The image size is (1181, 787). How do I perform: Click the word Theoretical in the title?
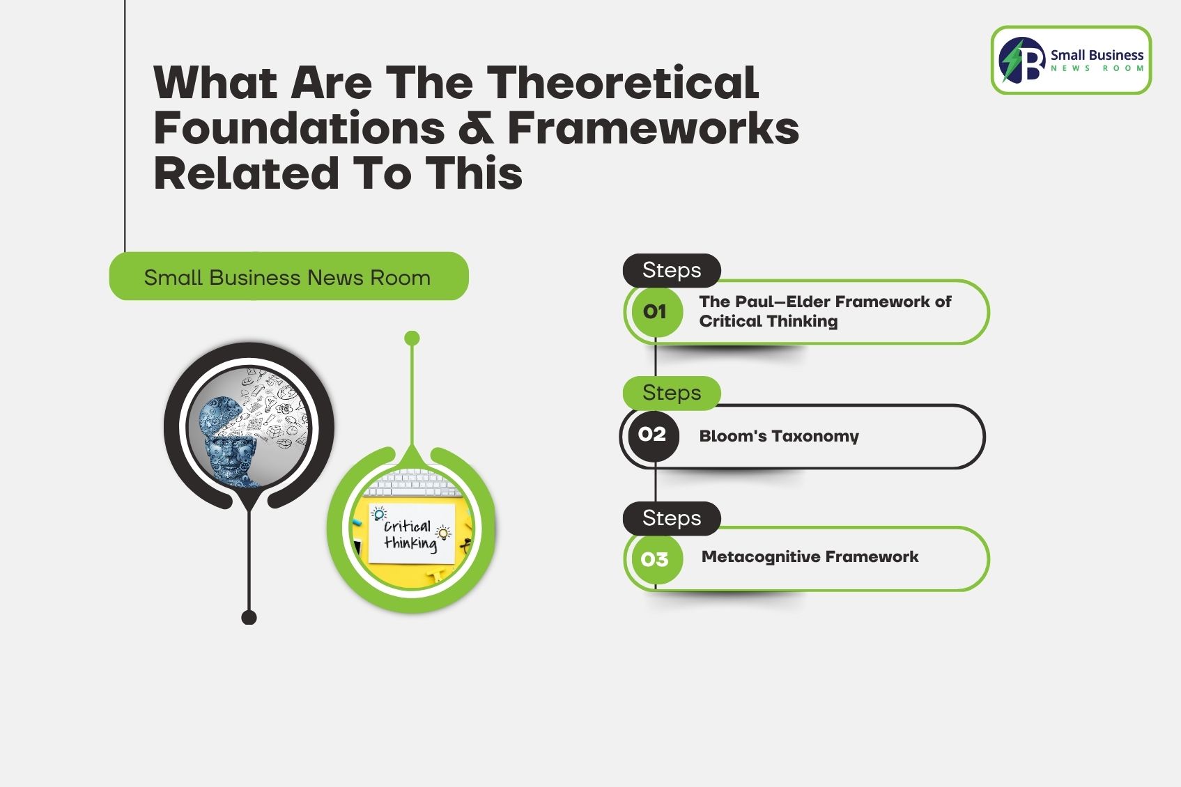click(622, 83)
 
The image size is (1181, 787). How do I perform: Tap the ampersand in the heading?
click(476, 129)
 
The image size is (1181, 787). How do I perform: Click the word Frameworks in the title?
click(653, 129)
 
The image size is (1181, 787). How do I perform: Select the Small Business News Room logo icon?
click(1021, 61)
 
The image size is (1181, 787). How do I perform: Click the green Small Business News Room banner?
click(288, 277)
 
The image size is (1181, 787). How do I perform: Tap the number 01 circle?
click(654, 311)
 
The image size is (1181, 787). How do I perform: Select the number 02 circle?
click(651, 435)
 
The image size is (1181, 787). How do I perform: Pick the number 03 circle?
click(654, 559)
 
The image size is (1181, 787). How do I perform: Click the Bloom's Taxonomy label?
click(778, 436)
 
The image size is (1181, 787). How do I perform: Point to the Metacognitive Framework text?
click(810, 556)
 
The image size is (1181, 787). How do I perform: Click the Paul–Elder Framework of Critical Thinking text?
click(824, 311)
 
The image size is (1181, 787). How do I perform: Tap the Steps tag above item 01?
click(671, 270)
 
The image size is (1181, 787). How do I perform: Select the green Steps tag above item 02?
click(671, 393)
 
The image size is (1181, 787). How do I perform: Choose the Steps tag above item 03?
click(671, 518)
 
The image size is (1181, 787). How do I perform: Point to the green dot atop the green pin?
click(412, 338)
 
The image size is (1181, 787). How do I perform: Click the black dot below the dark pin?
click(249, 617)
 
